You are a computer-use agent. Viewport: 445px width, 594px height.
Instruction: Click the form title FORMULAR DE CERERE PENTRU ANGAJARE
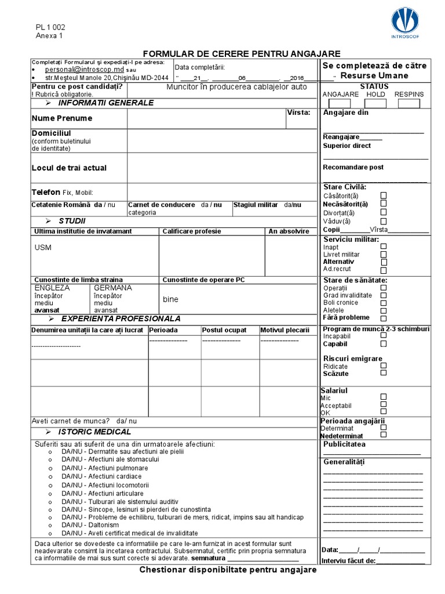click(x=242, y=53)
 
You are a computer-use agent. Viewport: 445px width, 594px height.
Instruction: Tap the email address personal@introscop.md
click(x=85, y=69)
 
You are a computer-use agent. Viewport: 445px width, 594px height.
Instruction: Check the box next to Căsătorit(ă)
click(x=384, y=195)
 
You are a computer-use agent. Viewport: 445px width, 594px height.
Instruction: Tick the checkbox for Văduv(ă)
click(x=384, y=221)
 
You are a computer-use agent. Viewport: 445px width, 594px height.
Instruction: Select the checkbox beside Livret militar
click(x=384, y=254)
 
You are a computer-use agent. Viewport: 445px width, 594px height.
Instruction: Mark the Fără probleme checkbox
click(x=384, y=318)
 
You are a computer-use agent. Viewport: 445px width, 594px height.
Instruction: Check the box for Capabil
click(x=384, y=343)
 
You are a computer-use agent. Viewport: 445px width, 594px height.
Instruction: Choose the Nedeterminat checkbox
click(x=384, y=434)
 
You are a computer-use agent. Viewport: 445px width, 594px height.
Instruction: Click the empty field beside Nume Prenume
click(x=206, y=118)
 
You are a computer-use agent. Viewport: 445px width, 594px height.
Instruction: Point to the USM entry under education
click(x=43, y=248)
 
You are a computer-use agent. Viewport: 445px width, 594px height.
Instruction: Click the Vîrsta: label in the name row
click(x=299, y=113)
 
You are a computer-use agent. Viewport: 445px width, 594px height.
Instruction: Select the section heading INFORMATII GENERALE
click(x=105, y=103)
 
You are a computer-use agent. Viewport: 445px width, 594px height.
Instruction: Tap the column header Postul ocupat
click(x=224, y=330)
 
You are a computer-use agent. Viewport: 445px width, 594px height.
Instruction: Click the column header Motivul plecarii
click(x=284, y=330)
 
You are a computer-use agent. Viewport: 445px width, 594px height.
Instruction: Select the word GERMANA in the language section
click(x=113, y=288)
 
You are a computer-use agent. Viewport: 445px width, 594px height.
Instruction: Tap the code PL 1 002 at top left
click(x=50, y=27)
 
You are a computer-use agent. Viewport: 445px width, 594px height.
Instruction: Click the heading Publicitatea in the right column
click(x=344, y=444)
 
